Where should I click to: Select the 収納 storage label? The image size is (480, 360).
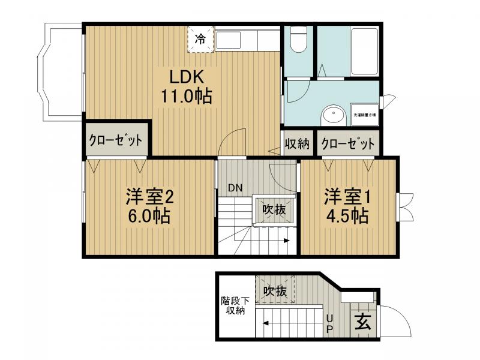(296, 144)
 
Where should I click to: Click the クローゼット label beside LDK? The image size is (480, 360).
(116, 140)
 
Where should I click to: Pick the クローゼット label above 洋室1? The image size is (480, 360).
(348, 144)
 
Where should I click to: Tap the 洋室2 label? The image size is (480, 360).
(149, 196)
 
